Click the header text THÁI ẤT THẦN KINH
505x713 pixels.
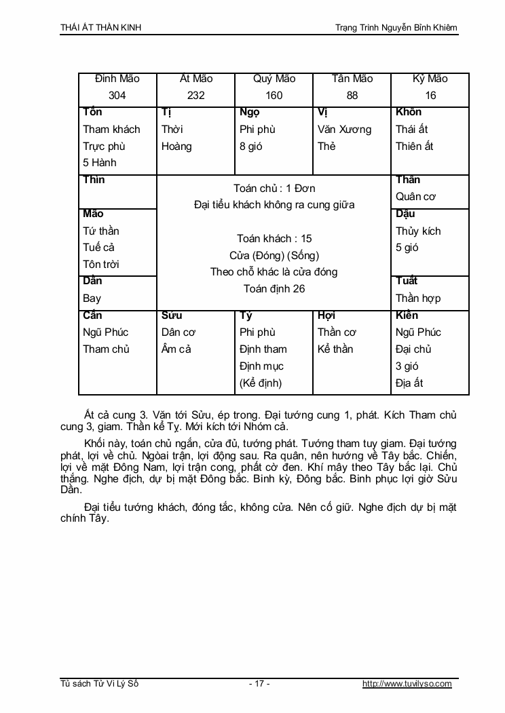click(101, 28)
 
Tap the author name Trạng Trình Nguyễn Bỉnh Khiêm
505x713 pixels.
click(396, 28)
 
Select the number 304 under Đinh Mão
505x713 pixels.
click(117, 96)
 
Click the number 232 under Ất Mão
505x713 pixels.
click(195, 96)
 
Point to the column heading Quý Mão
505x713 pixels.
click(274, 79)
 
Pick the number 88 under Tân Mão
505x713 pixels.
click(352, 96)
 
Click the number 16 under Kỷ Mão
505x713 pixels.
click(430, 96)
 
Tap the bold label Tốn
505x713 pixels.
click(92, 112)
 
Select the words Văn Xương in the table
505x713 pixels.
click(344, 129)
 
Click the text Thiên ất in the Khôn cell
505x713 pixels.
click(414, 146)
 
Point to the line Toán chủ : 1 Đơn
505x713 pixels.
click(274, 188)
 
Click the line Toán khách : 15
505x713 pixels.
click(274, 238)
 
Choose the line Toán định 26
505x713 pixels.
click(274, 288)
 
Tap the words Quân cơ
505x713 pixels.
click(415, 197)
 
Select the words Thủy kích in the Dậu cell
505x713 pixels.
click(418, 231)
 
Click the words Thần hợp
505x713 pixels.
click(418, 298)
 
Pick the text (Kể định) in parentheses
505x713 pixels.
click(261, 383)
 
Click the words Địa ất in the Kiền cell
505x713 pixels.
click(409, 383)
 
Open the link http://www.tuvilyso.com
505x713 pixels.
click(407, 684)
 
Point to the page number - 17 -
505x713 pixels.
click(259, 684)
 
